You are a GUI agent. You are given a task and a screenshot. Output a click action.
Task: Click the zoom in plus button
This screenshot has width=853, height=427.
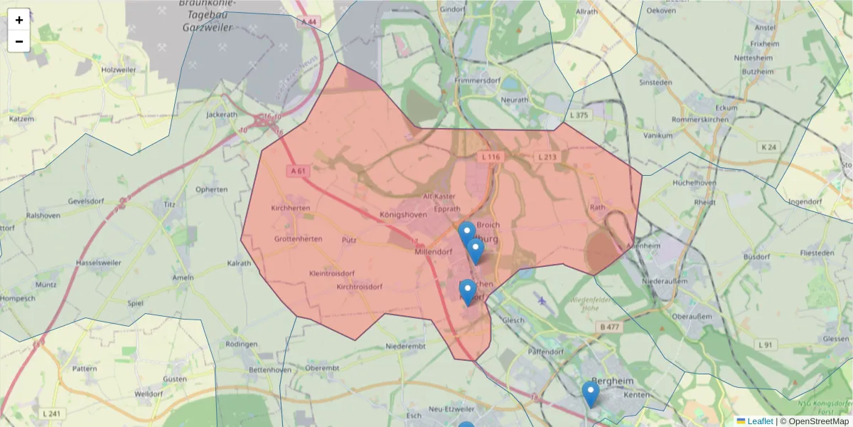tap(19, 20)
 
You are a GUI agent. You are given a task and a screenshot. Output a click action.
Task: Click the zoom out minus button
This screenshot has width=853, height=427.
tap(19, 41)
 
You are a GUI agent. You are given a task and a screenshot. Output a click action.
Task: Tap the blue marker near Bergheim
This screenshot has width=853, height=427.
tap(590, 394)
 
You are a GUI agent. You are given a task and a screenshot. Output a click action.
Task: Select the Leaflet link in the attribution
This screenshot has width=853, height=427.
tap(759, 421)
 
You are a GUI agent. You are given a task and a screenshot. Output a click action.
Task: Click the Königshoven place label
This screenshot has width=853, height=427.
tap(403, 214)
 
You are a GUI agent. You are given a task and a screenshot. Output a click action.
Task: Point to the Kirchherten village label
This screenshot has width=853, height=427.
tap(291, 209)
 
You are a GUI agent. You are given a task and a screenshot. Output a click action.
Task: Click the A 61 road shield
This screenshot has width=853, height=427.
tap(298, 171)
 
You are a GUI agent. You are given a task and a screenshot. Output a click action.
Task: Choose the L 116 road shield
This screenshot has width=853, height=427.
tap(490, 157)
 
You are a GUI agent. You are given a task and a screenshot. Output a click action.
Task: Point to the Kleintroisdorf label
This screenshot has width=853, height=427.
tap(332, 273)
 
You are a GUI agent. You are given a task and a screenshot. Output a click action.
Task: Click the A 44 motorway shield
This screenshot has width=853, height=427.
tap(309, 23)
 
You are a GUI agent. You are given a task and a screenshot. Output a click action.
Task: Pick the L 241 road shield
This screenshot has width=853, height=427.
tap(51, 413)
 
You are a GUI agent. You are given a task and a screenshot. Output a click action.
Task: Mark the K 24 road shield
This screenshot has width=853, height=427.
tap(768, 147)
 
